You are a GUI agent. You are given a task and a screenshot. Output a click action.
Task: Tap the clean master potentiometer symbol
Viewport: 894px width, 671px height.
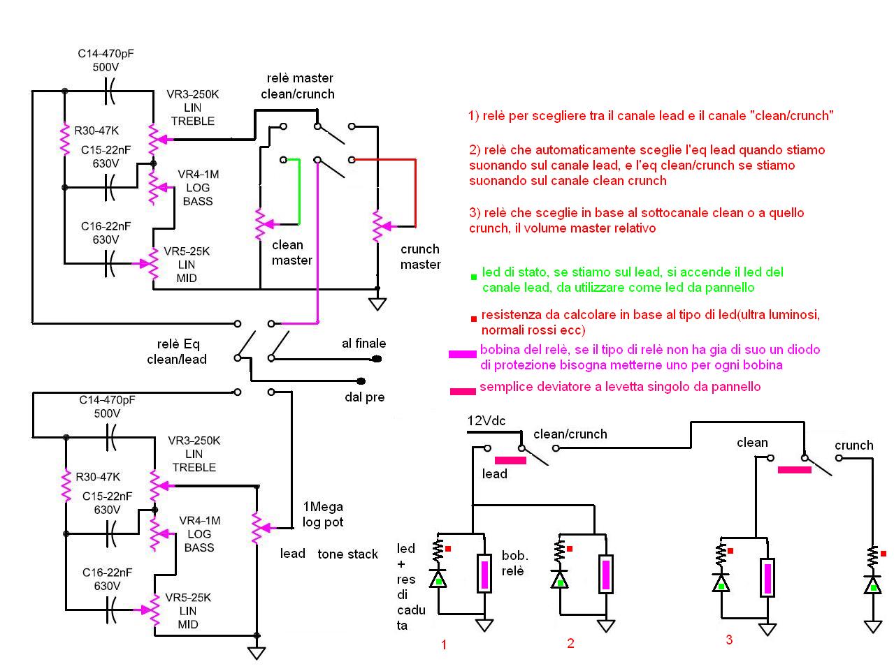coord(261,223)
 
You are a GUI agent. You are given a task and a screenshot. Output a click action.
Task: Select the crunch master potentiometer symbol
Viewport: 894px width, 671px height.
coord(377,226)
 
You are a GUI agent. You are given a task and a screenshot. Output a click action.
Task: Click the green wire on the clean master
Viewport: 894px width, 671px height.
coord(299,192)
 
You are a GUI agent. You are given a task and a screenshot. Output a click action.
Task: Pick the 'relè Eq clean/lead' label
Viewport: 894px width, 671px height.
coord(177,351)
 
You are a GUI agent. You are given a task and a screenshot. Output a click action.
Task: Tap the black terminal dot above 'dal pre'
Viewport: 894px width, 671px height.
coord(361,381)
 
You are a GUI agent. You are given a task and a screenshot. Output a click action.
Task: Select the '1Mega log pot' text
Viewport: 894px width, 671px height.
coord(323,514)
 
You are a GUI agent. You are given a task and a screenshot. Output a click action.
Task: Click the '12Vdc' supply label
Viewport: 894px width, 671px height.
coord(486,421)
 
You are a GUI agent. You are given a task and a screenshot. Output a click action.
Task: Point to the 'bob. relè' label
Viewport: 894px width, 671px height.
coord(514,563)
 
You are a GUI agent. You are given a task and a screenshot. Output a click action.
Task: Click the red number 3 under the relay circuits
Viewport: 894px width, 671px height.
coord(729,640)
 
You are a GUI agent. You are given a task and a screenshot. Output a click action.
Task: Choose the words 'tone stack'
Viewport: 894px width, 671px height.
coord(347,554)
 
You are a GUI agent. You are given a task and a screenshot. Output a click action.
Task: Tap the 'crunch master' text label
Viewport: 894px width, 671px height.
coord(420,256)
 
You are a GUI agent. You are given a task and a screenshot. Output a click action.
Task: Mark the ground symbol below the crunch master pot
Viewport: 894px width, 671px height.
coord(377,304)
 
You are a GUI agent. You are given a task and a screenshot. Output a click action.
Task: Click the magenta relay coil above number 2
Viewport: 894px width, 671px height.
coord(606,574)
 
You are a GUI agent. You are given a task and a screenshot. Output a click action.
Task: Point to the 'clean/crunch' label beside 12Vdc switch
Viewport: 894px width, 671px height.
coord(570,434)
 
